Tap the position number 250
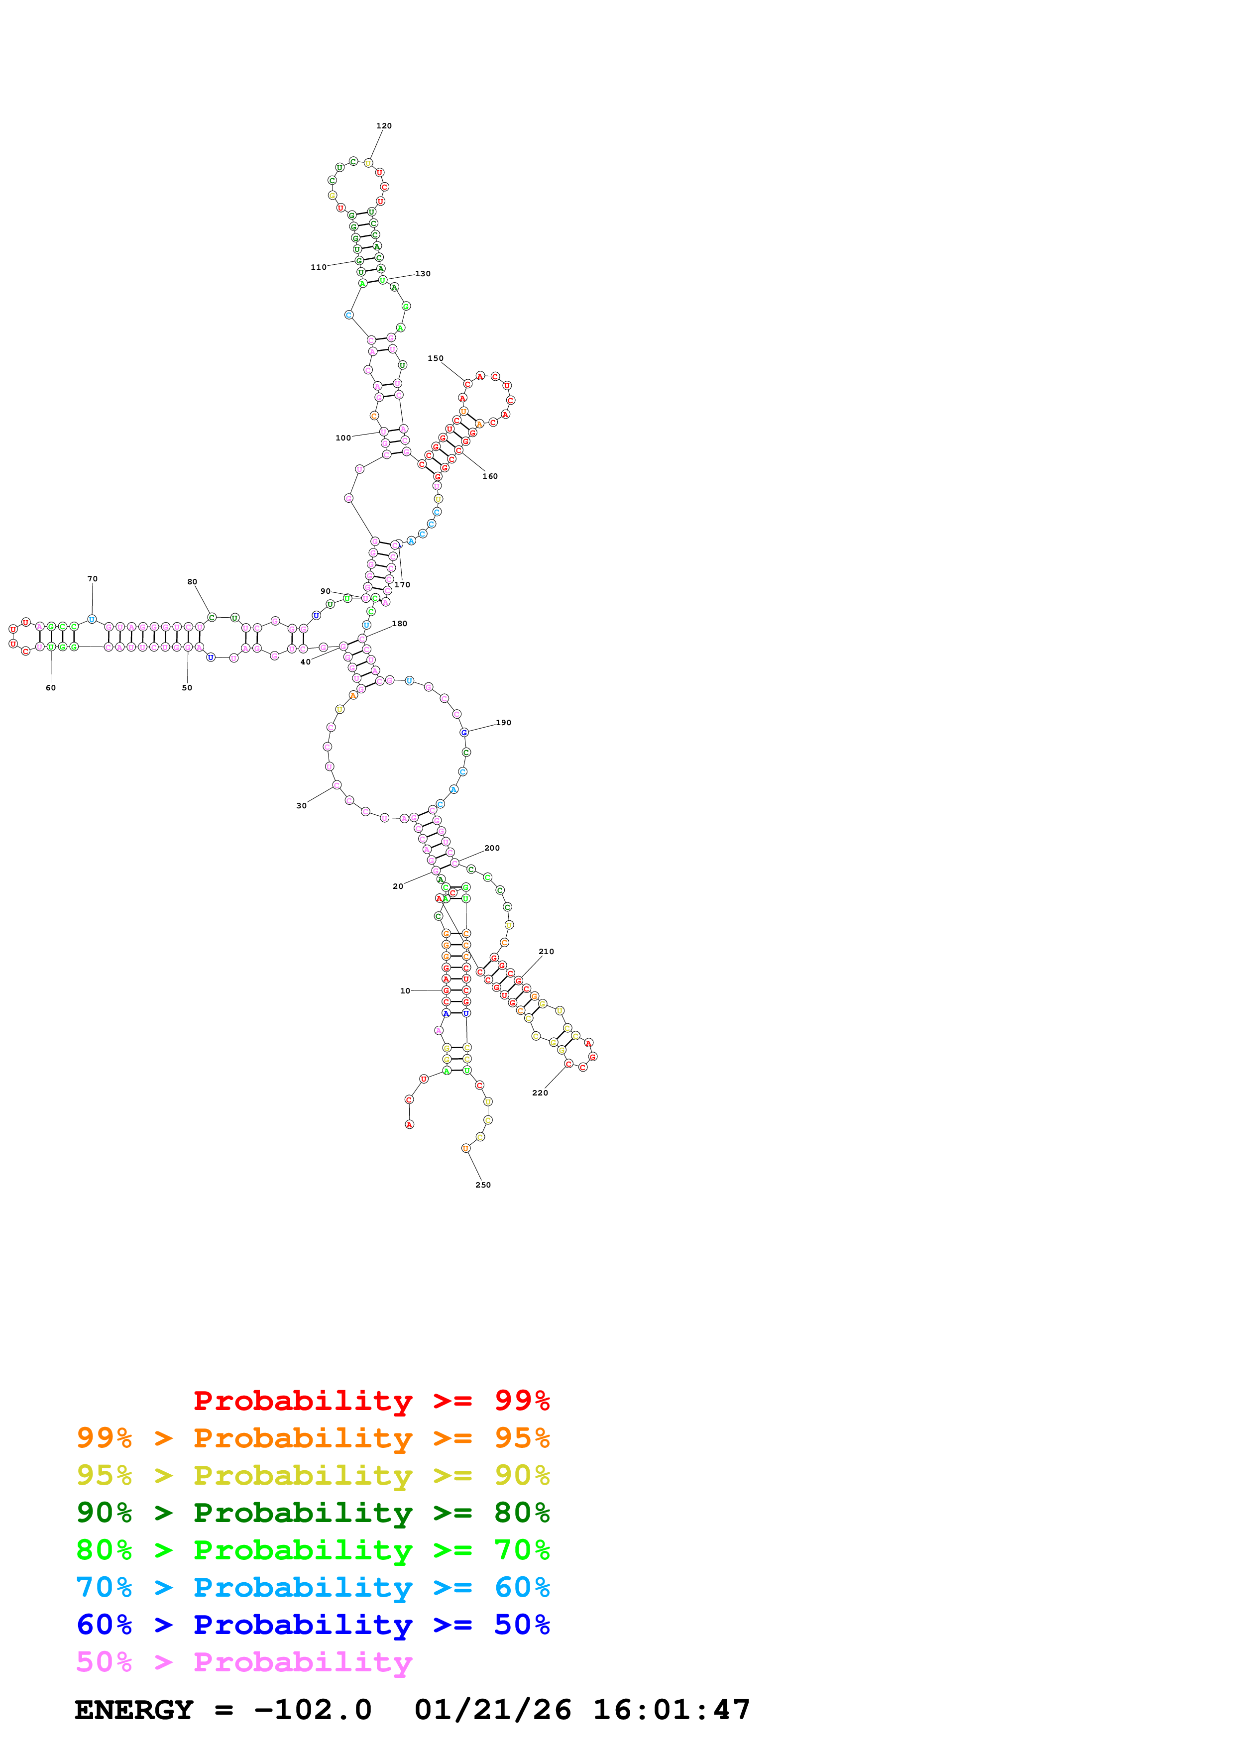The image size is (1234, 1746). tap(483, 1185)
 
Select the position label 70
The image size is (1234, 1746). tap(93, 579)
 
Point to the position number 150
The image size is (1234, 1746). tap(435, 358)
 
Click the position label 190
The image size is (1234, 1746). tap(503, 722)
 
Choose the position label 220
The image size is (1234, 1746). tap(540, 1093)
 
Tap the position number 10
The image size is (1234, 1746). tap(405, 991)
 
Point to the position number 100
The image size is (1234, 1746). tap(343, 438)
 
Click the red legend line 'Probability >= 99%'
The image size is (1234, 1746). tap(371, 1401)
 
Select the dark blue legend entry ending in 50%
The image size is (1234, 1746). tap(313, 1625)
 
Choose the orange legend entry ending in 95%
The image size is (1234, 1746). tap(313, 1438)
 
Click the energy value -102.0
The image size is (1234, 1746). tap(313, 1710)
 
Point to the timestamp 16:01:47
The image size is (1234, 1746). tap(672, 1710)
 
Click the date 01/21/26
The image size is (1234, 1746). tap(493, 1710)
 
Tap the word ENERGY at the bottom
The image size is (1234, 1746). tap(134, 1710)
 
